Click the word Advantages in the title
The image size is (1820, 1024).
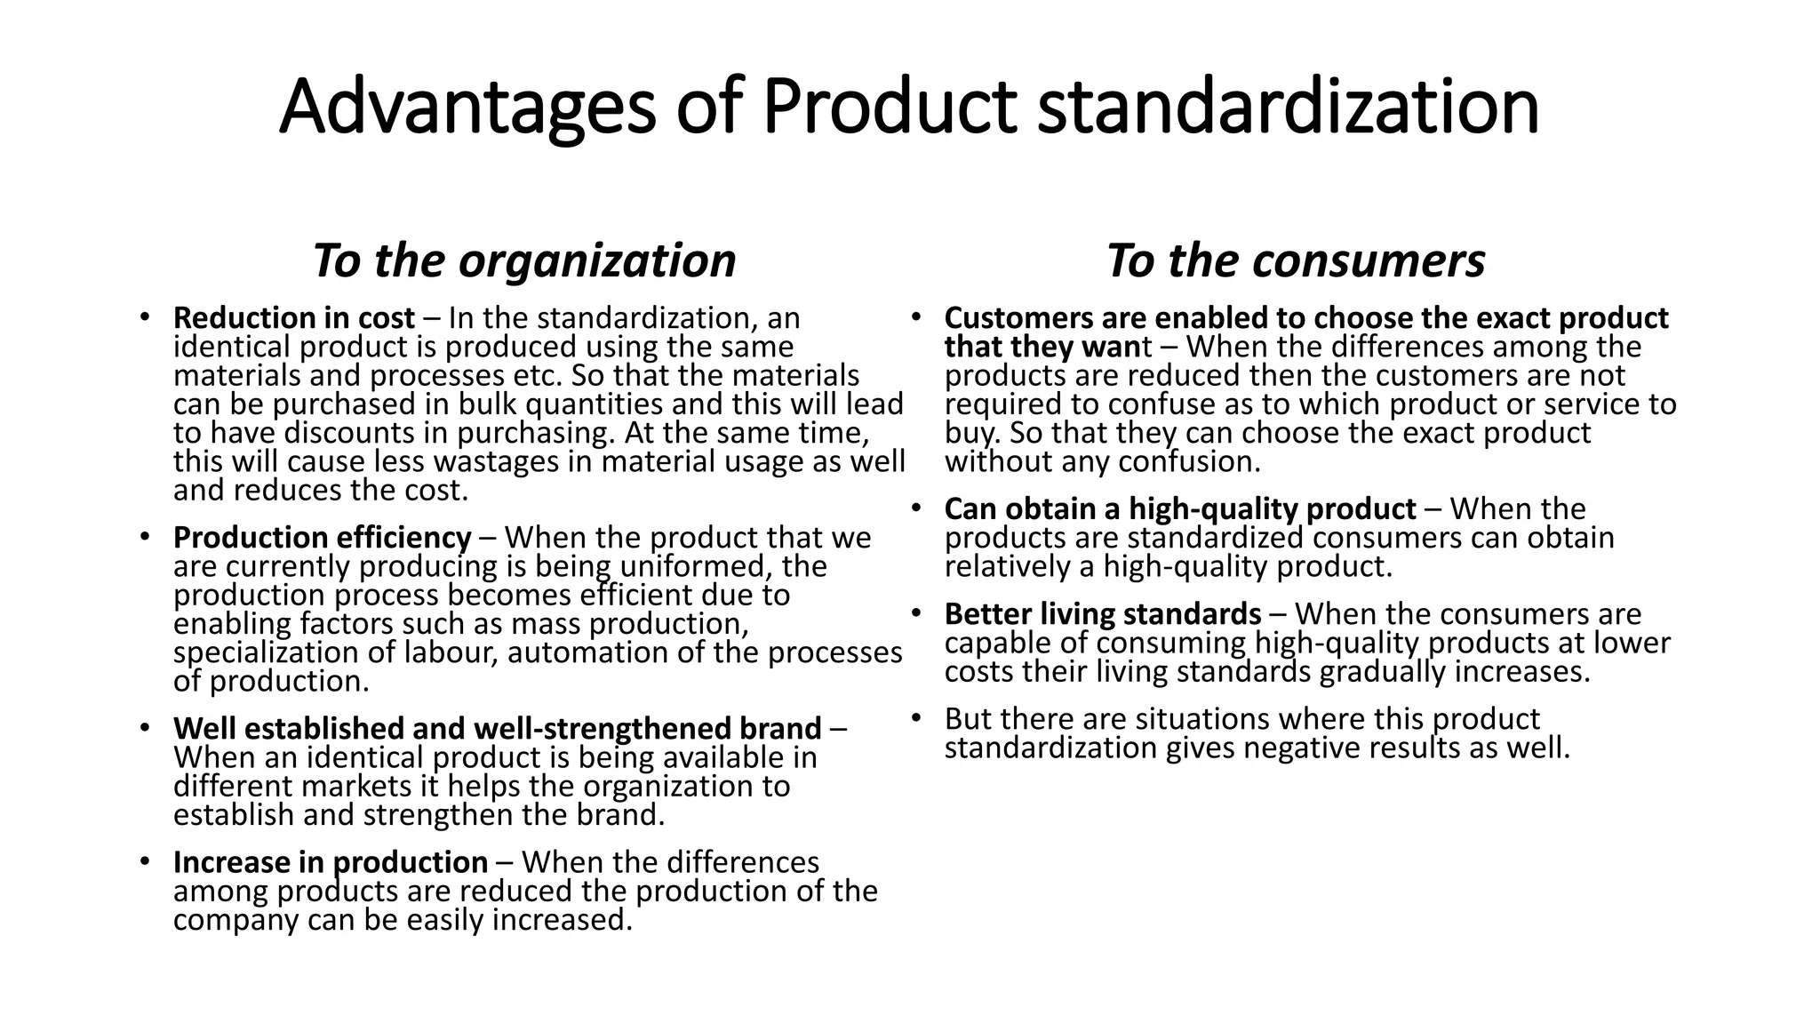pos(467,107)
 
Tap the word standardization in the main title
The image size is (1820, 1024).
pos(1288,107)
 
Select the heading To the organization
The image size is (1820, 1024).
pos(524,260)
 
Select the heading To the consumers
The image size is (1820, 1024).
pos(1296,260)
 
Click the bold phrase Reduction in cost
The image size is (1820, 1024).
pos(294,318)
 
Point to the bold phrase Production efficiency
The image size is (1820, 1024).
pos(322,538)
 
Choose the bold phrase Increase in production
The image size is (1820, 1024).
pos(331,862)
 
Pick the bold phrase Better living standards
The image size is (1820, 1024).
pos(1103,614)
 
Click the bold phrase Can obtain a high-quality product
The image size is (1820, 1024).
pos(1180,509)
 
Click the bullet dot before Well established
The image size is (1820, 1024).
pos(144,728)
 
